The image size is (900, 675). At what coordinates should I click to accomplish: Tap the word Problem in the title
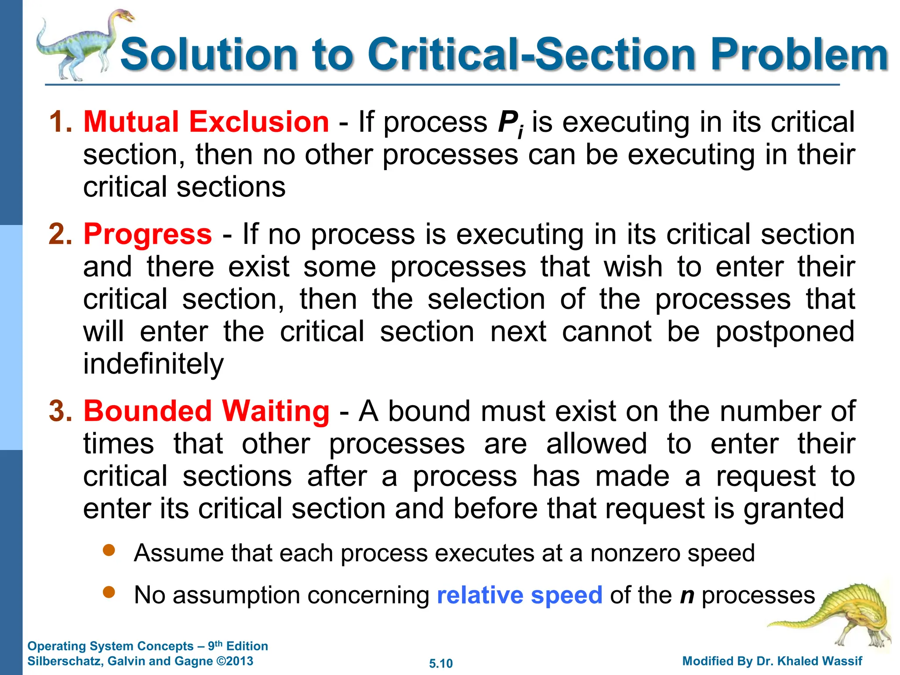[800, 54]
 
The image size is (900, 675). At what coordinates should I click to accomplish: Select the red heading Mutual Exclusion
[206, 122]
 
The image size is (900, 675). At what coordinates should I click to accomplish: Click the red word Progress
[148, 234]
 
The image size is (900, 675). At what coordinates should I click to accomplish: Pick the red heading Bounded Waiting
[206, 411]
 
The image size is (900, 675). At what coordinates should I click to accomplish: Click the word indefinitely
[153, 364]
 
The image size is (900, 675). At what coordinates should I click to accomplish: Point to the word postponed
[785, 332]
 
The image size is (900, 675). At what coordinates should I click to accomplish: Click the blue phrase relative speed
[519, 595]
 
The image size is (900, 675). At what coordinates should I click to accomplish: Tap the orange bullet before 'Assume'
[109, 550]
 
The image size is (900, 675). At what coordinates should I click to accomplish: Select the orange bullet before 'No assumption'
[109, 593]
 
